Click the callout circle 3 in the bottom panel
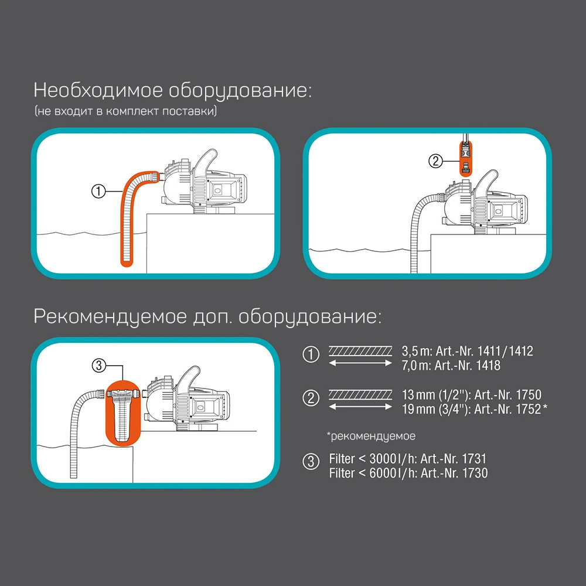[98, 364]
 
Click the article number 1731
[477, 459]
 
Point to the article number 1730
[477, 473]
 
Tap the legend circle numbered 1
[310, 355]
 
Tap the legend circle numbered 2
[310, 399]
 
